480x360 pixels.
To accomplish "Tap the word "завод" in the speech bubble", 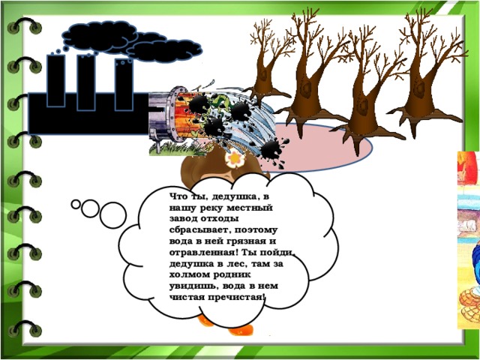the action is tap(183, 219).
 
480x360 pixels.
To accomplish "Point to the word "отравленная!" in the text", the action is tap(204, 253).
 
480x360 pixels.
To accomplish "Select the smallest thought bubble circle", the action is tap(76, 204).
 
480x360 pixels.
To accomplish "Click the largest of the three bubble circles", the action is tap(113, 215).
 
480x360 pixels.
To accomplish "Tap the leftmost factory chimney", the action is tap(56, 81).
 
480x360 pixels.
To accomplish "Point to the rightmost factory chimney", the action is tap(124, 85).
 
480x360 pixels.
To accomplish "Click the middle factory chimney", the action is tap(86, 82).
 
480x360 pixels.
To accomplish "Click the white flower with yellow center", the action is tap(235, 158).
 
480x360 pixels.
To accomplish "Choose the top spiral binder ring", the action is tap(25, 26).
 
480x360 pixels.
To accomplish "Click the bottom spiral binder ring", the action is tap(25, 329).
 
